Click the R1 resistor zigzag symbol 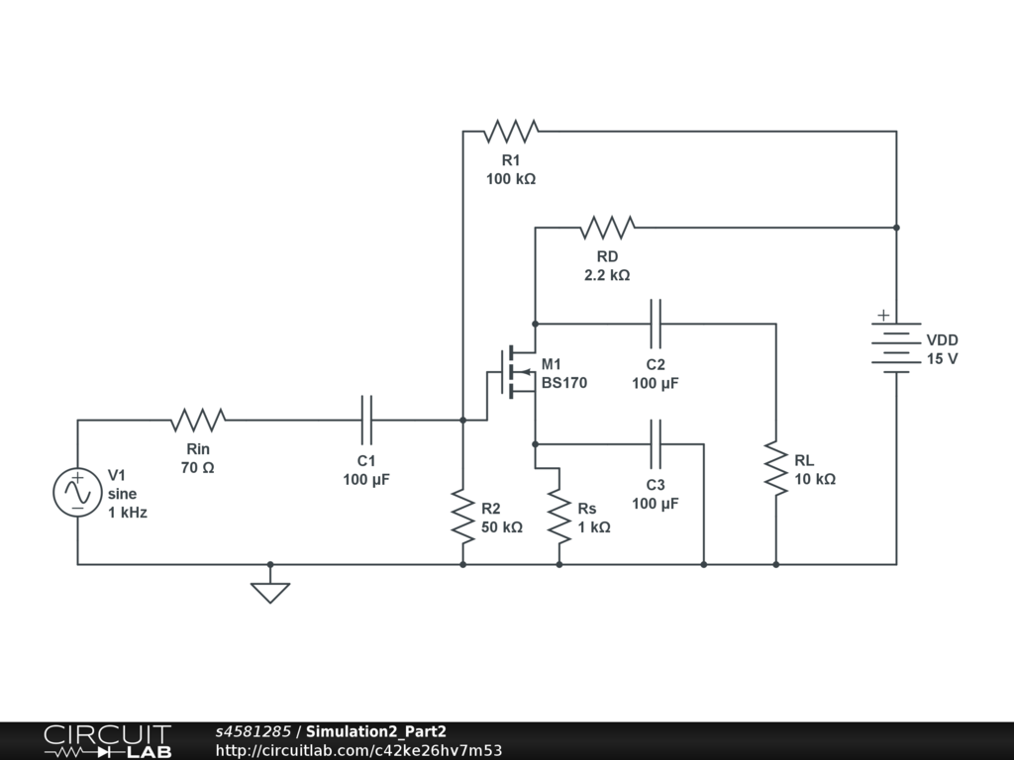click(511, 132)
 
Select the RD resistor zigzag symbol click(607, 228)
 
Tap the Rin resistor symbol click(198, 420)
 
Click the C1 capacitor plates click(366, 420)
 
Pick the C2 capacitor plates click(656, 324)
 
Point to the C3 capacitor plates click(656, 444)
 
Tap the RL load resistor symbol click(776, 468)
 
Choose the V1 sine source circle click(77, 493)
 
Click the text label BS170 click(564, 383)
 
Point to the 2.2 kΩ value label click(607, 275)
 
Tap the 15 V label click(943, 359)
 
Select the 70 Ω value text click(198, 468)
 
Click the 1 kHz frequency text click(128, 513)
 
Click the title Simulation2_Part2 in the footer click(375, 731)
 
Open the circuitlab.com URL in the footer click(358, 750)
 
